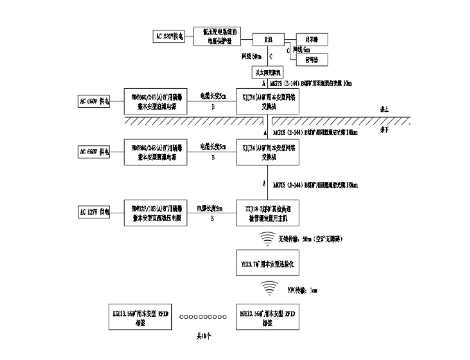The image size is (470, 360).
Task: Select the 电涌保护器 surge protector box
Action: [x=219, y=36]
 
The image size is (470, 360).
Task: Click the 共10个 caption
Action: [x=203, y=336]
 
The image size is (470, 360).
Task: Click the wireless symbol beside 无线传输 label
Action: [x=267, y=238]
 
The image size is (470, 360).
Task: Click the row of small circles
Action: [x=203, y=316]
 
